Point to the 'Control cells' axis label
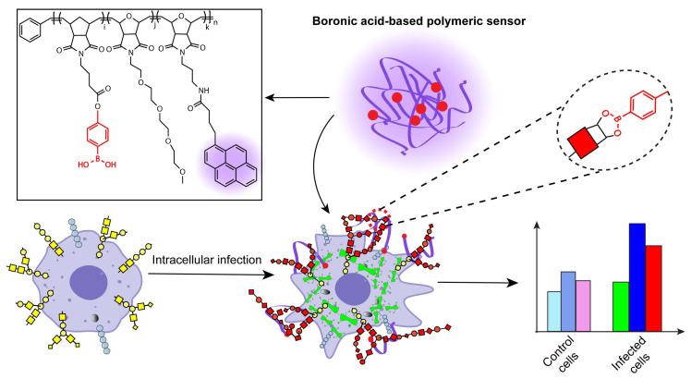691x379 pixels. (559, 355)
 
